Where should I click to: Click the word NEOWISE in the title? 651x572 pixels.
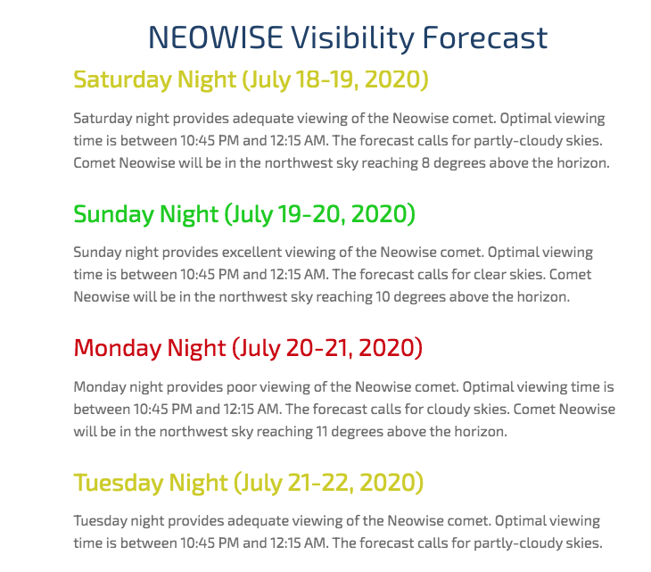click(216, 37)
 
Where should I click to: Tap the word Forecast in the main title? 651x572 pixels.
click(485, 37)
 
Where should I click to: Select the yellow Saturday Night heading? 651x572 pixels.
click(251, 79)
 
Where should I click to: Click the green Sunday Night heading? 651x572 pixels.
click(244, 214)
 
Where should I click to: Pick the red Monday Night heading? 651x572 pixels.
click(248, 348)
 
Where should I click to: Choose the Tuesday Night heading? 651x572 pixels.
click(248, 483)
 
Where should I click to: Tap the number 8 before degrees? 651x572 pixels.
click(425, 162)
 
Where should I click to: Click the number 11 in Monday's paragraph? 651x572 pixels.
click(322, 432)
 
